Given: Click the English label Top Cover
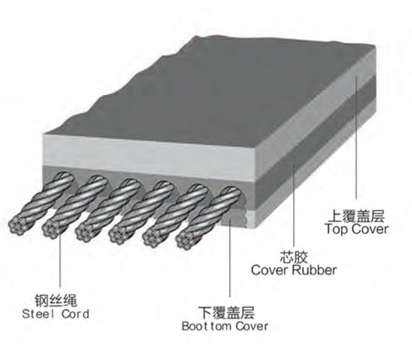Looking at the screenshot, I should tap(356, 229).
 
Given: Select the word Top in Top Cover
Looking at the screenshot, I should tap(335, 229).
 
